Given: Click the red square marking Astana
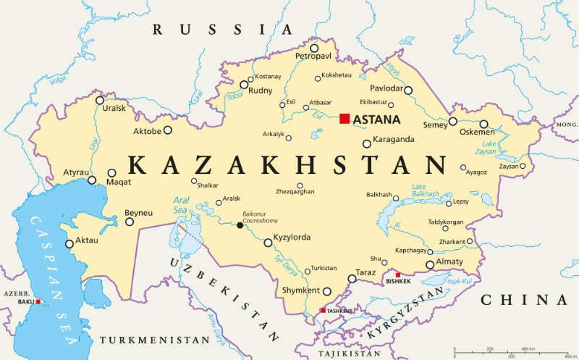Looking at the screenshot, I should click(x=345, y=119).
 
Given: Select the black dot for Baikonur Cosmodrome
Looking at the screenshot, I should click(x=240, y=225).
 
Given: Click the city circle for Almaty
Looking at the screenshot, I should click(x=430, y=264).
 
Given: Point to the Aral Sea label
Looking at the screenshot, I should click(x=181, y=204).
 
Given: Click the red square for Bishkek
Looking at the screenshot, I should click(x=397, y=275).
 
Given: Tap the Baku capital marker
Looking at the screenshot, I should click(x=38, y=302).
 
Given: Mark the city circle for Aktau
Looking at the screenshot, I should click(x=69, y=244).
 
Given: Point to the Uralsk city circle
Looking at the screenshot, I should click(x=100, y=99).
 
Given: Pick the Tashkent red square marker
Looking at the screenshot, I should click(x=323, y=311).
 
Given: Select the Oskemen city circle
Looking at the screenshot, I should click(x=484, y=124).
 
